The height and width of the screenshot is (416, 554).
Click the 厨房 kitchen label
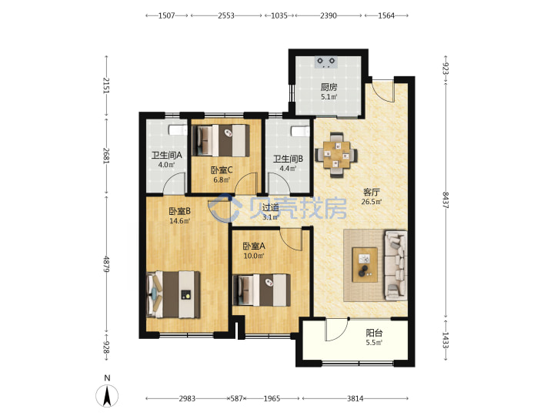329,86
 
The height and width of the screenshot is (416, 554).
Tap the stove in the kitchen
326,62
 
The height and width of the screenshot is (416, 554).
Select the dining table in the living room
336,155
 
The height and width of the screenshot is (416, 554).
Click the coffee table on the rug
365,264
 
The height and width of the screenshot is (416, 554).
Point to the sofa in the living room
395,265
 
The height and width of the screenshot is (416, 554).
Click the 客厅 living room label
371,192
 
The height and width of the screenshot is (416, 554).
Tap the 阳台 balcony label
374,333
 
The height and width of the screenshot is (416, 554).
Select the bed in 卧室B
173,294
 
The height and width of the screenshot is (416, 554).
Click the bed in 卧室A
262,290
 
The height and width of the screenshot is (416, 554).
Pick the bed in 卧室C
221,140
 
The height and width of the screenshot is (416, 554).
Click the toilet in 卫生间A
178,130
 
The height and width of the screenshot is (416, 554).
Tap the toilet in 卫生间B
300,131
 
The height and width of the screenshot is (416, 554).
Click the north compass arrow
107,395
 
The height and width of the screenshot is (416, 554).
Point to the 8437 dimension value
446,200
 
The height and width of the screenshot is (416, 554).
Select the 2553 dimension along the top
226,15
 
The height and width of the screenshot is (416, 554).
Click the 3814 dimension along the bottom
355,399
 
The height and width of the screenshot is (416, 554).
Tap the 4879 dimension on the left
106,263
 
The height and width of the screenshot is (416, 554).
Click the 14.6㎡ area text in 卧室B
179,221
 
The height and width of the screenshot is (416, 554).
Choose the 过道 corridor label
270,208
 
